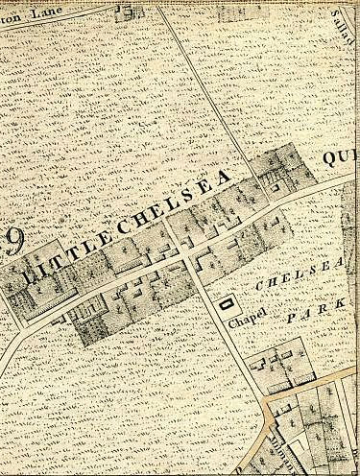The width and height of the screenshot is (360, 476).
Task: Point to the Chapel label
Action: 247,322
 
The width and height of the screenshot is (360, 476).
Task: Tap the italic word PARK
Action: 307,313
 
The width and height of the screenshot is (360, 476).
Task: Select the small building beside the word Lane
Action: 123,12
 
